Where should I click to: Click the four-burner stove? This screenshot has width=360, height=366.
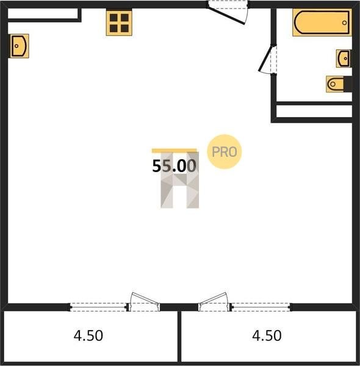tap(119, 23)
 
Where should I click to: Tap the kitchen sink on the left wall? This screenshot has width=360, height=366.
tap(19, 46)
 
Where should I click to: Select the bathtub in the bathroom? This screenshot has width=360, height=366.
tap(322, 23)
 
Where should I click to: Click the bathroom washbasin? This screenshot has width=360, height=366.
tap(344, 59)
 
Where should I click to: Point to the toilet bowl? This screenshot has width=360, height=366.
tap(335, 84)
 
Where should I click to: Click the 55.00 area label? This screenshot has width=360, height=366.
tap(174, 166)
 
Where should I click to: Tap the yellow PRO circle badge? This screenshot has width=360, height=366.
tap(224, 152)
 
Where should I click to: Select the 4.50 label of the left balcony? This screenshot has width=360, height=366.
tap(88, 335)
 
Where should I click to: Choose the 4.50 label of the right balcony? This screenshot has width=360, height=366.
tap(267, 335)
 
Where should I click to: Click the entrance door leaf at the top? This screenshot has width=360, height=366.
tap(226, 16)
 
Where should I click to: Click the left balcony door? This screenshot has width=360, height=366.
tap(145, 301)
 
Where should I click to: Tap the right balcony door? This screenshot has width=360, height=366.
tap(213, 301)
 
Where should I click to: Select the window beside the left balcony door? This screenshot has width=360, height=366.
tap(98, 307)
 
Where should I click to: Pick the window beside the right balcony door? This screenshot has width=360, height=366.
tap(261, 307)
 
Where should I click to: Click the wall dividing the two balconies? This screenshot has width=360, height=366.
tap(179, 337)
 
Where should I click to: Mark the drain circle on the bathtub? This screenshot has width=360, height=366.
tap(344, 23)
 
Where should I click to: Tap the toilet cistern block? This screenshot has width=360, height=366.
tap(348, 84)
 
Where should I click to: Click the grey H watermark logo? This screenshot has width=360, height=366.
tap(180, 180)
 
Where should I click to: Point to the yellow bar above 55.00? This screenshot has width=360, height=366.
tap(174, 151)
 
